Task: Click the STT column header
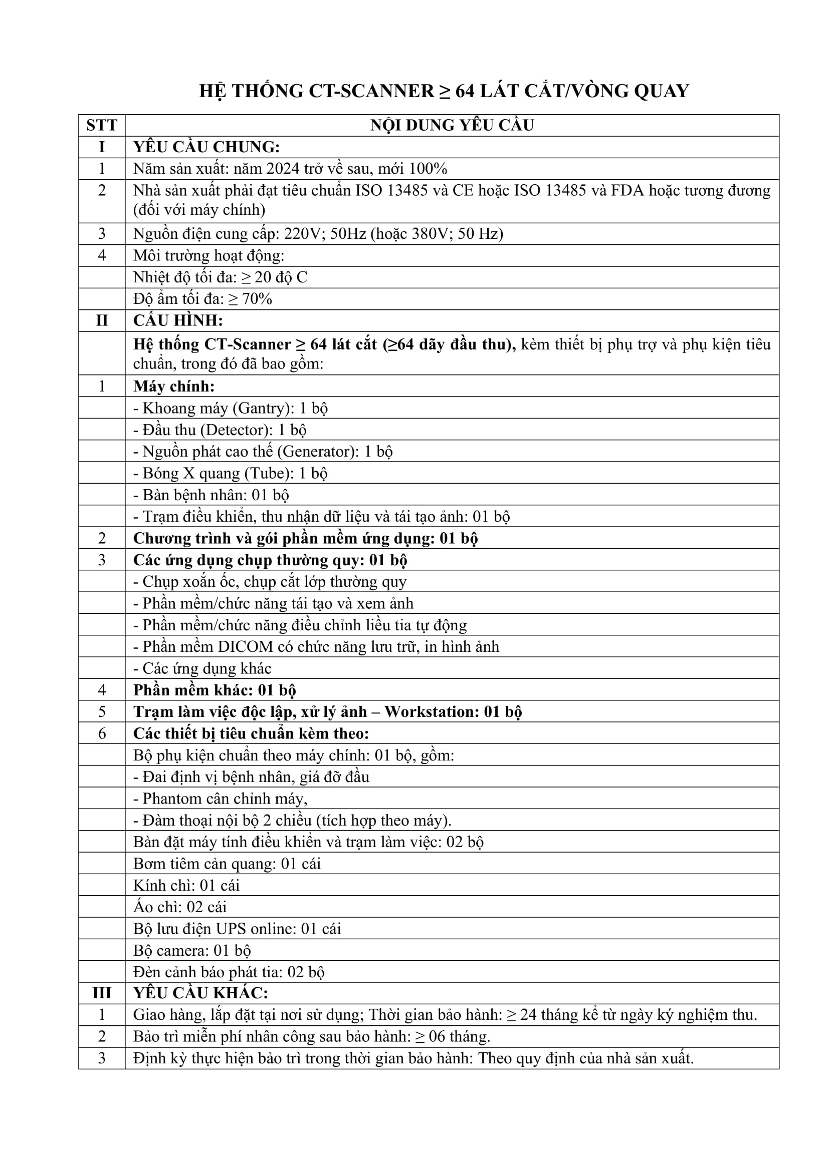pos(102,126)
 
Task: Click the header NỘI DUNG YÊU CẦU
pos(452,126)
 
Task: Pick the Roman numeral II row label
pos(102,321)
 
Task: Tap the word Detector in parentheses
pos(234,430)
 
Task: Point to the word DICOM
pos(245,647)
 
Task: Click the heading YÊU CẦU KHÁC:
pos(200,993)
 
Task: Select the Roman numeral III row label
pos(102,993)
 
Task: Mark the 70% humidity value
pos(257,299)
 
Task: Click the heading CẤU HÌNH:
pos(178,321)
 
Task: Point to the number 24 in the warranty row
pos(528,1015)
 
